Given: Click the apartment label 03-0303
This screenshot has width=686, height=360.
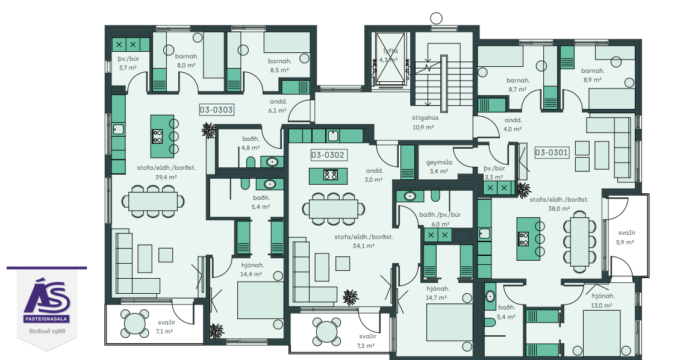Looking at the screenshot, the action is click(216, 110).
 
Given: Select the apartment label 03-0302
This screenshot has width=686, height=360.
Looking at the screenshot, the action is click(328, 155).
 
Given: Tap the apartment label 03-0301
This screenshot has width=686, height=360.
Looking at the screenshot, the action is click(552, 152).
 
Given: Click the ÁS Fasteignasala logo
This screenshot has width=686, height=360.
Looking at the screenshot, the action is click(47, 302).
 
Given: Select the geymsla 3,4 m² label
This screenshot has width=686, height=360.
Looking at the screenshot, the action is click(439, 167).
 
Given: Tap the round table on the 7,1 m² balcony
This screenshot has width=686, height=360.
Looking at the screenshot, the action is click(135, 324).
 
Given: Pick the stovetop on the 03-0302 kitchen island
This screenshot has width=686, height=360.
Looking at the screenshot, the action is click(330, 175).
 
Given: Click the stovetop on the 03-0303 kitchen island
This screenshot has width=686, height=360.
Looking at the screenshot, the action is click(157, 137).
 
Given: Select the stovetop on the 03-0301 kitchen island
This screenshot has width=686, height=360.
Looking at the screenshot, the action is click(523, 239).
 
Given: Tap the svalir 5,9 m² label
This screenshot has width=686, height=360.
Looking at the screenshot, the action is click(626, 238).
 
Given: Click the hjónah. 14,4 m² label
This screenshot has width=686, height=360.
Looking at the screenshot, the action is click(252, 270).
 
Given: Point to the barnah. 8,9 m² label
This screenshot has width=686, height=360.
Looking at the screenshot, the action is click(593, 75).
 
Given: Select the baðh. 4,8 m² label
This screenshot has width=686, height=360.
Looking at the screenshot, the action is click(251, 143).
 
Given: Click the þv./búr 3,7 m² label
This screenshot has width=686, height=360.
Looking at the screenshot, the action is click(128, 63).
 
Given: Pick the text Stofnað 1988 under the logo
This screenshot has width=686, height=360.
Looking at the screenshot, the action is click(47, 331).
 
